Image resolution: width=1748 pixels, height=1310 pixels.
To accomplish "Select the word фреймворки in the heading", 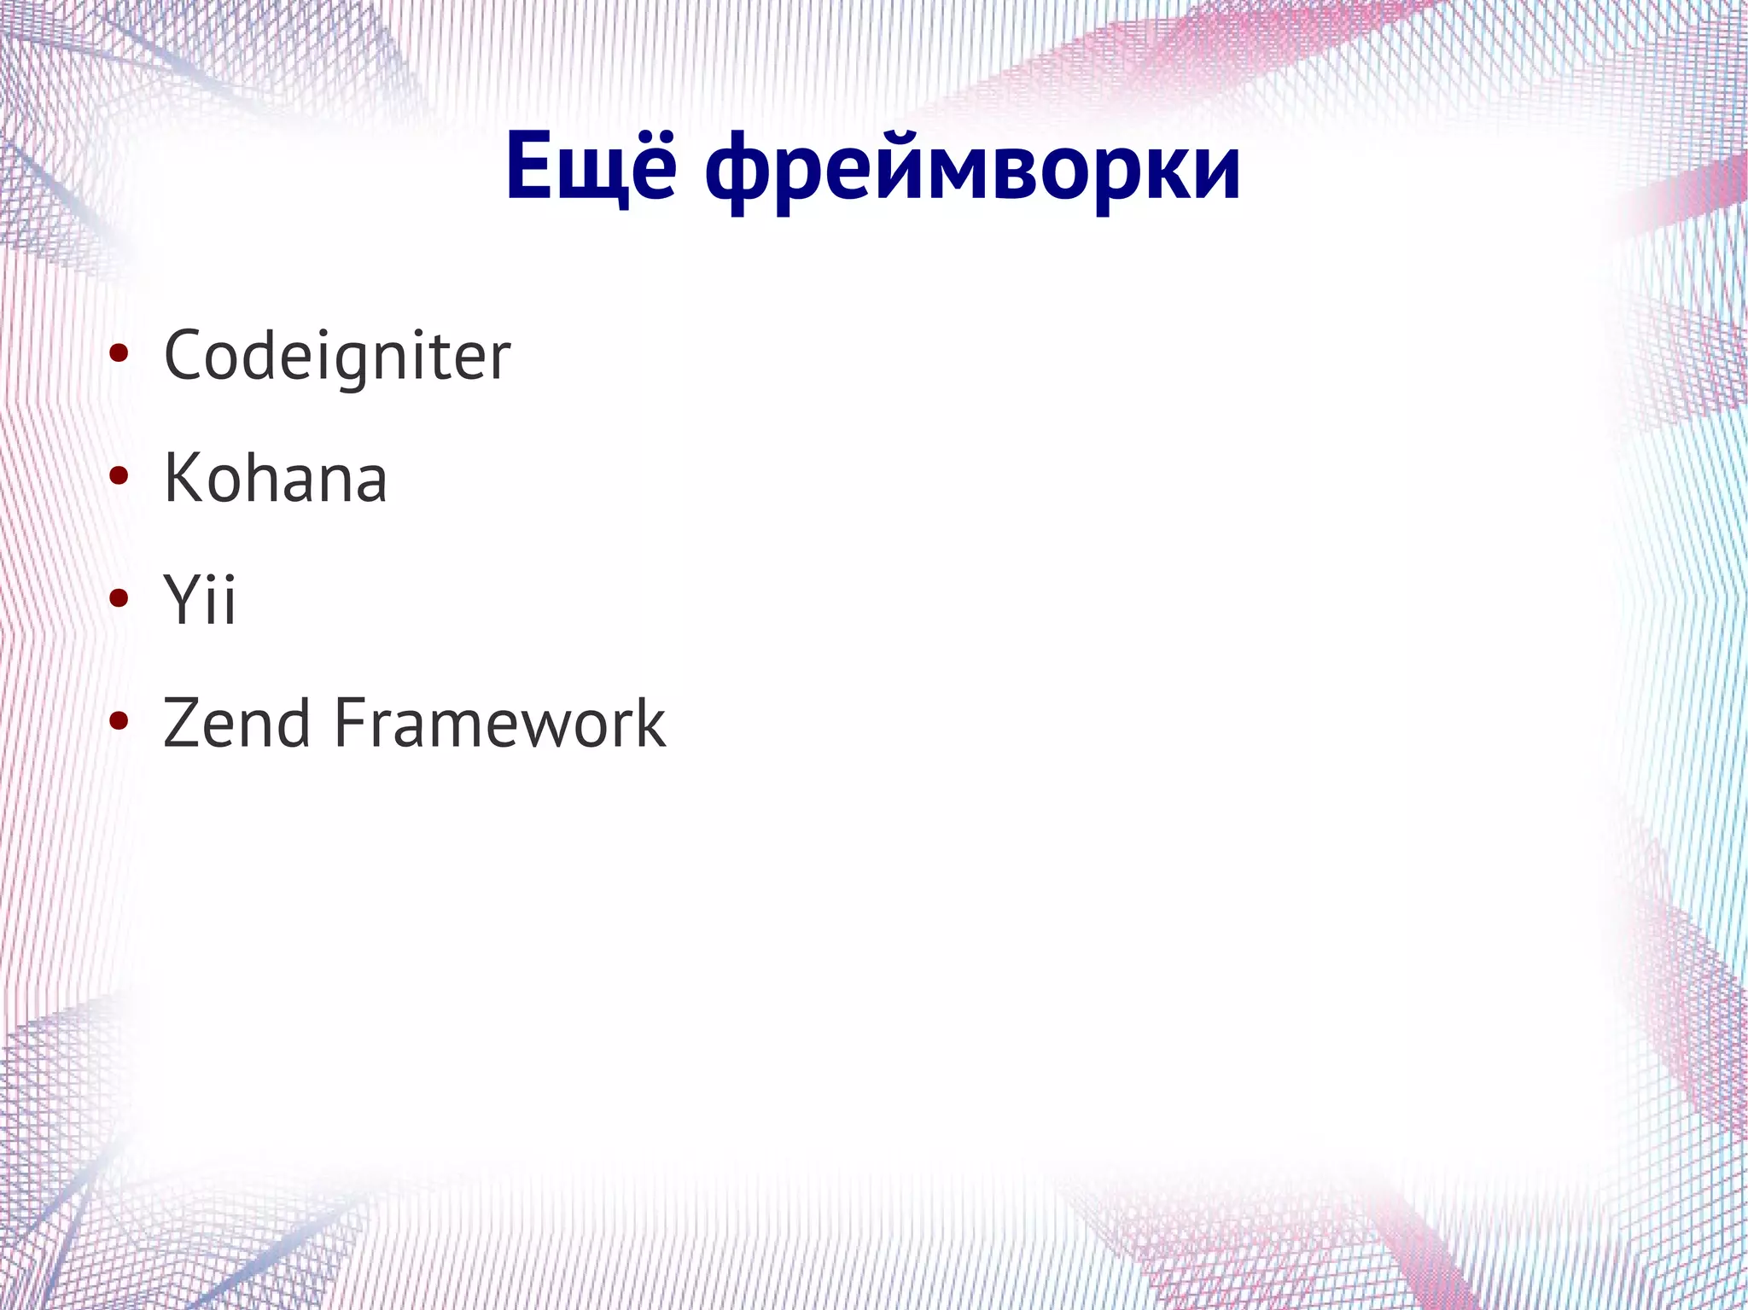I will [972, 171].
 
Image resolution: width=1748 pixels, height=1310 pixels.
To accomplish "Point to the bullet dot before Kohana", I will [119, 476].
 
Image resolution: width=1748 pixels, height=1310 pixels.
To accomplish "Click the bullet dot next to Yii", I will [119, 599].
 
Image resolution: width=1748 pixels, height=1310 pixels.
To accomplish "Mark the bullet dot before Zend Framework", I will [119, 722].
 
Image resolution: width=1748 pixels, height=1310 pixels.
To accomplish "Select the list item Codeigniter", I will [337, 357].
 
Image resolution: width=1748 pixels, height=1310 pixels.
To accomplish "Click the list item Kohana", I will [275, 478].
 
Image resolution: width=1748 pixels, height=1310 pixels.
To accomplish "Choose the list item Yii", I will [199, 600].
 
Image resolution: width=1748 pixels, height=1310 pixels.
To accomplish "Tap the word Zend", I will [236, 723].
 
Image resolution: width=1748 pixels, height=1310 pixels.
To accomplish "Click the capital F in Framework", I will [349, 723].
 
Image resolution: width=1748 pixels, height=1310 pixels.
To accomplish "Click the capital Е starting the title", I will [529, 167].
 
